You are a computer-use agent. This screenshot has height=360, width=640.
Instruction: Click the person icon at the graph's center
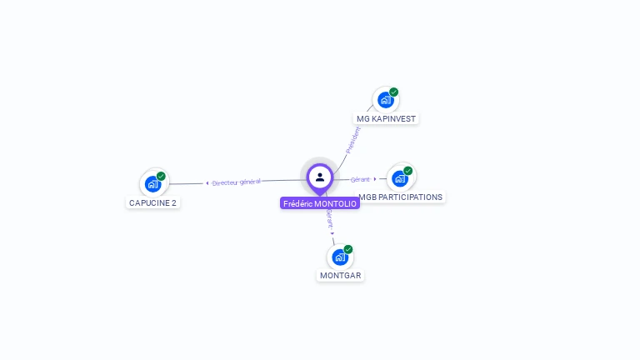tap(320, 177)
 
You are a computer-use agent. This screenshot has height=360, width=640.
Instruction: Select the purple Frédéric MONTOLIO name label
tap(320, 203)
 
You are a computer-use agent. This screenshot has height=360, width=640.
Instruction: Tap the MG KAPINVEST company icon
tap(385, 100)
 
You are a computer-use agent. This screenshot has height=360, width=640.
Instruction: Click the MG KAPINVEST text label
tap(386, 118)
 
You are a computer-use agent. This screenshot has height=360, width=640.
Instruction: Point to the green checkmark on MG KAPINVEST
tap(394, 92)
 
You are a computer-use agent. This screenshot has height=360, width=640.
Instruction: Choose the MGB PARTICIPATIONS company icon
tap(400, 178)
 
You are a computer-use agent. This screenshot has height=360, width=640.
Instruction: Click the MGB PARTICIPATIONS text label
tap(401, 197)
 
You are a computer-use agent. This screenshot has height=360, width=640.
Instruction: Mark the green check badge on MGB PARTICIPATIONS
tap(408, 171)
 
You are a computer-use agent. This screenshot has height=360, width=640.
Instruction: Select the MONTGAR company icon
tap(340, 257)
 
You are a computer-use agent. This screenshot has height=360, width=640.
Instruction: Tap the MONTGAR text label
tap(341, 275)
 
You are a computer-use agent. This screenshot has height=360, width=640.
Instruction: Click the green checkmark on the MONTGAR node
tap(348, 249)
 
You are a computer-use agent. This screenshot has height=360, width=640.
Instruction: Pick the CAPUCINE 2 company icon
tap(152, 184)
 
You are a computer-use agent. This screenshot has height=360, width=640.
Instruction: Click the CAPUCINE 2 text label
tap(153, 202)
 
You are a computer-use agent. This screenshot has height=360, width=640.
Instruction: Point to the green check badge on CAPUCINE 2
tap(161, 176)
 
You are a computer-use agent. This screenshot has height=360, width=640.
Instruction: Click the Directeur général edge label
tap(237, 182)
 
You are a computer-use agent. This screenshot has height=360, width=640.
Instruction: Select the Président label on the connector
tap(353, 139)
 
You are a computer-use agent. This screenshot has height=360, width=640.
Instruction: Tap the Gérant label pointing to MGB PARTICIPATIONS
tap(360, 179)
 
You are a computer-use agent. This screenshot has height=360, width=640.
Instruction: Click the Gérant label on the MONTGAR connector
tap(330, 219)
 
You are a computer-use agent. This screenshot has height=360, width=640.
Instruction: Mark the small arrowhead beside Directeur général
tap(207, 182)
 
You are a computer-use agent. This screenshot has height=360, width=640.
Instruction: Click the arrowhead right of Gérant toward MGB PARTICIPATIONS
tap(375, 178)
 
